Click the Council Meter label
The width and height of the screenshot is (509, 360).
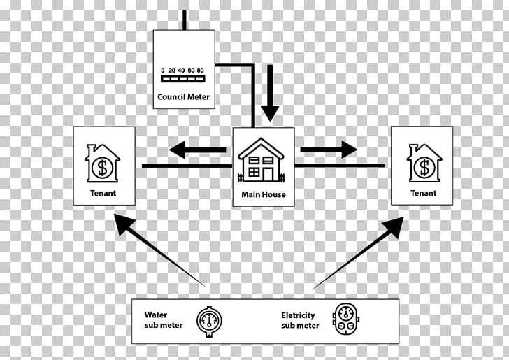tap(183, 96)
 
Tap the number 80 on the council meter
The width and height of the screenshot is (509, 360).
tap(200, 70)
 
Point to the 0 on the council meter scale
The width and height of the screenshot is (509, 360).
tap(163, 70)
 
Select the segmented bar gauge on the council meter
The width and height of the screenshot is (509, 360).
tap(183, 78)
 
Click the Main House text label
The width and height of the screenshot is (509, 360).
tap(264, 194)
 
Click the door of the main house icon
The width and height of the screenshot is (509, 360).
tap(268, 174)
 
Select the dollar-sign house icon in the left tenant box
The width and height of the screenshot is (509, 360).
tap(102, 163)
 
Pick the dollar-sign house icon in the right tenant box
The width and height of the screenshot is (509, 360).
tap(424, 163)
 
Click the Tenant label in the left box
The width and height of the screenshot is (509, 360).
tap(103, 193)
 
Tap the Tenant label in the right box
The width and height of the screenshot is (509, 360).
tap(423, 193)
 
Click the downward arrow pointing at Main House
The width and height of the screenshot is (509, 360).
tap(270, 93)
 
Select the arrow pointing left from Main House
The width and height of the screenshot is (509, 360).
tap(197, 150)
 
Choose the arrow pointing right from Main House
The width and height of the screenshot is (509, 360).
tap(329, 150)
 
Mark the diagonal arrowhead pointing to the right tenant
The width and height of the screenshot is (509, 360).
tap(394, 227)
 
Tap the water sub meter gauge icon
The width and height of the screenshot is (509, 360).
tap(209, 321)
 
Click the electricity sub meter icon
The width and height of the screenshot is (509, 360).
tap(345, 319)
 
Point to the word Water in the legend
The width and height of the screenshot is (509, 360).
tap(156, 315)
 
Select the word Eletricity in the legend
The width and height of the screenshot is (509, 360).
tap(298, 315)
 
